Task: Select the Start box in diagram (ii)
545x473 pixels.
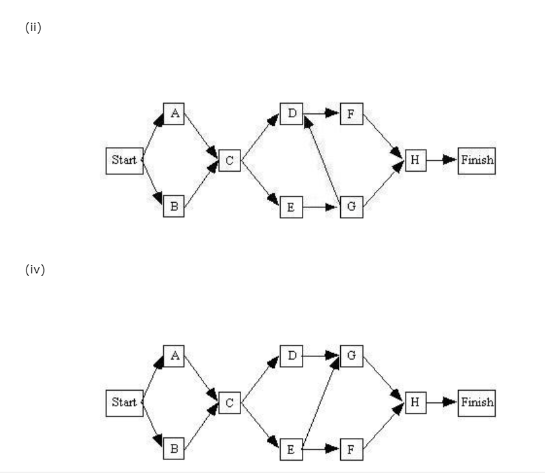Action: click(124, 161)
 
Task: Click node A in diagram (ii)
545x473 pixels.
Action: click(174, 114)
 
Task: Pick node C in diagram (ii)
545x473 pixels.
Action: click(229, 161)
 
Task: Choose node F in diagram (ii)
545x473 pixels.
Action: click(351, 114)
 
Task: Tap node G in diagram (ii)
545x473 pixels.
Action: click(351, 207)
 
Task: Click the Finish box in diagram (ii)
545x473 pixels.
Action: click(476, 161)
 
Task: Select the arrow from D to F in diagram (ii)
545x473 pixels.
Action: click(321, 114)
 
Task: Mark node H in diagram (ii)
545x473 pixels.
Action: click(415, 161)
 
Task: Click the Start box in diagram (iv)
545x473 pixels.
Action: click(124, 402)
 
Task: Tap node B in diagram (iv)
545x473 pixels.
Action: click(174, 448)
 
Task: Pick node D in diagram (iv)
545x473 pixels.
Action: click(292, 356)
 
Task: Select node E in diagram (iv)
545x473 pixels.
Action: click(292, 448)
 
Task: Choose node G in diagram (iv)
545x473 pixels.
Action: click(351, 356)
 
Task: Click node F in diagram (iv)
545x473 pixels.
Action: click(351, 448)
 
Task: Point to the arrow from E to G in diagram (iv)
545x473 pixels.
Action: click(321, 402)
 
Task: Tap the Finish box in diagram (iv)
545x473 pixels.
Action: click(476, 402)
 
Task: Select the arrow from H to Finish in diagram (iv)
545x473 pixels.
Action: click(442, 402)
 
